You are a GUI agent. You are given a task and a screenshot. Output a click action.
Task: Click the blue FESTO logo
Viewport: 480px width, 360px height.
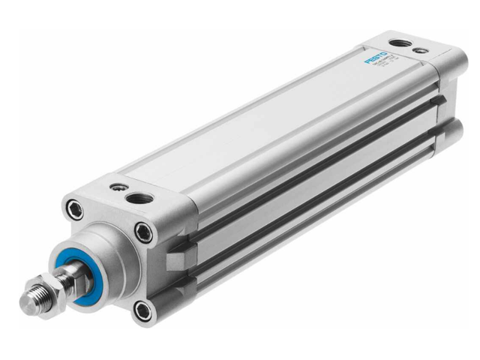click(377, 58)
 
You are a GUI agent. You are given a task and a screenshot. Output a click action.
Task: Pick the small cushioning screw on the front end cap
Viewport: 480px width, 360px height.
click(115, 187)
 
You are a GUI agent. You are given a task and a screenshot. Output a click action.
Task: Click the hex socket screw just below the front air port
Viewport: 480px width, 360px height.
click(144, 232)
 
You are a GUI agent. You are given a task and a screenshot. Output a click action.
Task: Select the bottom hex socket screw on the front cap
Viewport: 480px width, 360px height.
click(141, 308)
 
